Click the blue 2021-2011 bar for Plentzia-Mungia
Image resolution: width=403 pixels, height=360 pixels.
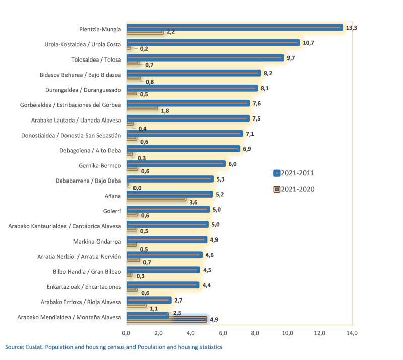[x=234, y=28]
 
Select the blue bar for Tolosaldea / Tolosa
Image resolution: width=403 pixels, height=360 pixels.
[x=205, y=58]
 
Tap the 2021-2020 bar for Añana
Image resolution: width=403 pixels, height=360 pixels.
[x=157, y=199]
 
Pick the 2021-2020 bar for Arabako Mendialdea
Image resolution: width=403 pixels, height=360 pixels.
[x=167, y=319]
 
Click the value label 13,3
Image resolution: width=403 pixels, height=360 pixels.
[x=351, y=28]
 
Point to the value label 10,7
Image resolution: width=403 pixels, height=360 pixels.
[x=308, y=43]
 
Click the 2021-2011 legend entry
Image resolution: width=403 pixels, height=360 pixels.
[x=294, y=173]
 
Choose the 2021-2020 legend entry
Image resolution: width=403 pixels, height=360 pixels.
[x=294, y=189]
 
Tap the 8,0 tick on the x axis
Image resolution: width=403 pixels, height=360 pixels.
[x=255, y=333]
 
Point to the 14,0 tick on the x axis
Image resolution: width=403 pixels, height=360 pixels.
[x=352, y=333]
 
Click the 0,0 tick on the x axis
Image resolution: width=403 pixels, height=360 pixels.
[x=126, y=333]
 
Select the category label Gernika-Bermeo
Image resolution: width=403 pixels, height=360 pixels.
[x=100, y=165]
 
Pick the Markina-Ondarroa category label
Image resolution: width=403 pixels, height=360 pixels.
[x=97, y=241]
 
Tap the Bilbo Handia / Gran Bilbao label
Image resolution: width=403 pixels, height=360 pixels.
[x=87, y=271]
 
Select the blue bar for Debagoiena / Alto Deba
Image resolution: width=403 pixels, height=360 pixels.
[x=183, y=149]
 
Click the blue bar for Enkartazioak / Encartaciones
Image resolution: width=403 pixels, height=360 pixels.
[x=163, y=285]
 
